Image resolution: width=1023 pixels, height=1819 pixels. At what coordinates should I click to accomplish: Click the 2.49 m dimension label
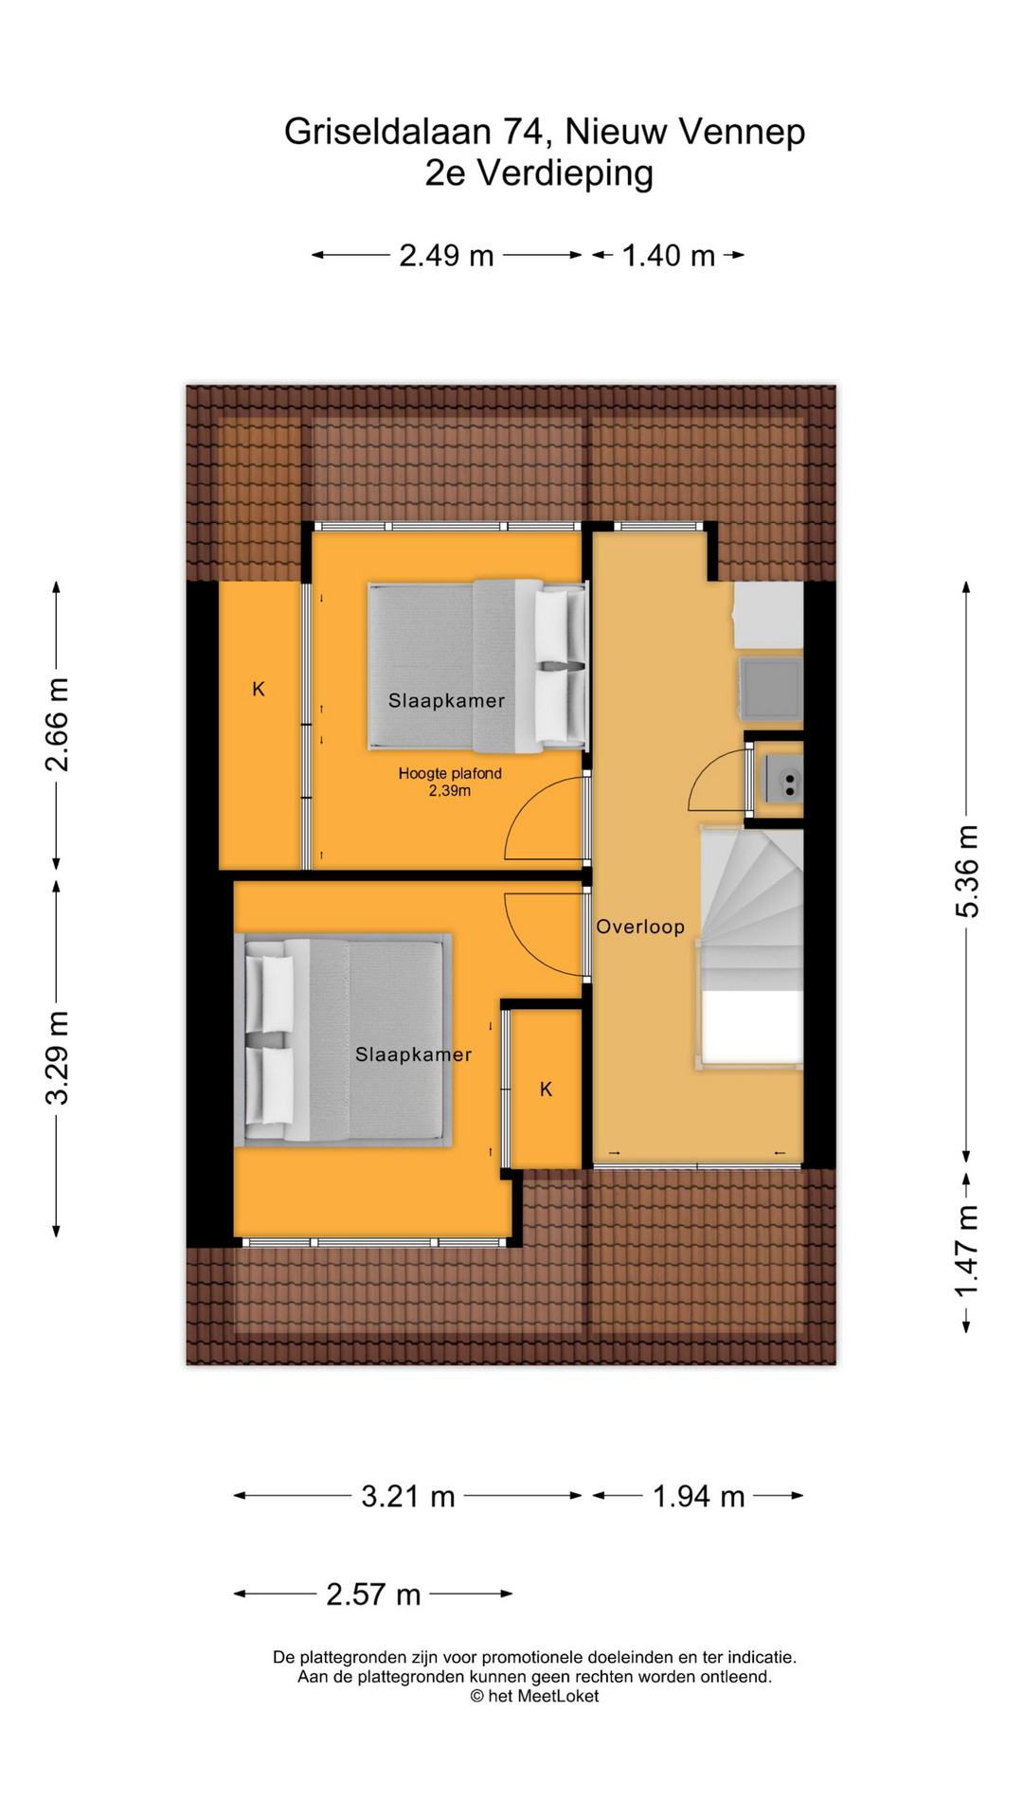point(446,256)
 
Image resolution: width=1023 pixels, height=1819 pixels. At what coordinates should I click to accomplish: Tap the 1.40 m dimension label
point(668,256)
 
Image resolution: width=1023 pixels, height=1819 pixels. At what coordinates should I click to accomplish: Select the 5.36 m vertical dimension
point(967,872)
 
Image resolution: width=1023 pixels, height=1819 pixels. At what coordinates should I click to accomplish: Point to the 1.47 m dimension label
point(967,1252)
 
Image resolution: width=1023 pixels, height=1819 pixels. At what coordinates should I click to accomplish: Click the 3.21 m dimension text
point(408,1496)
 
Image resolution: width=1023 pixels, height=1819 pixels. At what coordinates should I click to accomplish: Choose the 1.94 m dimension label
point(698,1496)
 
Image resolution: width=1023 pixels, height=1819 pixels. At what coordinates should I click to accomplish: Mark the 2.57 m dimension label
point(373,1594)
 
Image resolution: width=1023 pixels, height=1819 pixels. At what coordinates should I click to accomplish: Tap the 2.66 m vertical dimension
point(57,725)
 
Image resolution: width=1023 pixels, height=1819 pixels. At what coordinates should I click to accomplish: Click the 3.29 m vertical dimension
point(57,1058)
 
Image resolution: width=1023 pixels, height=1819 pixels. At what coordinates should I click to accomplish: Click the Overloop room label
point(640,927)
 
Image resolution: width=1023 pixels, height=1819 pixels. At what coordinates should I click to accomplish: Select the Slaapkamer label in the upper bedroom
point(446,700)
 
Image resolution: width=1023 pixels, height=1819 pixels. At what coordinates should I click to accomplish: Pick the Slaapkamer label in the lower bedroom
point(413,1054)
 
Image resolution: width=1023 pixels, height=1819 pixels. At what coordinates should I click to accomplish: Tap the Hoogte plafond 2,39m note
point(450,782)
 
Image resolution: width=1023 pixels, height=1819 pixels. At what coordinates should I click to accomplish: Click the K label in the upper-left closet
point(259,690)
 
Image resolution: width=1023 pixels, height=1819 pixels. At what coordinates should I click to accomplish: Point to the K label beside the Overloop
point(546,1090)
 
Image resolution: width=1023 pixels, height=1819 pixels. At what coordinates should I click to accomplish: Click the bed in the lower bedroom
point(343,1040)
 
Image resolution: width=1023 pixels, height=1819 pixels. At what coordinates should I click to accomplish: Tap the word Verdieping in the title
point(565,173)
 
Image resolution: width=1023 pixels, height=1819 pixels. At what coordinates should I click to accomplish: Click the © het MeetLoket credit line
point(534,1696)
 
